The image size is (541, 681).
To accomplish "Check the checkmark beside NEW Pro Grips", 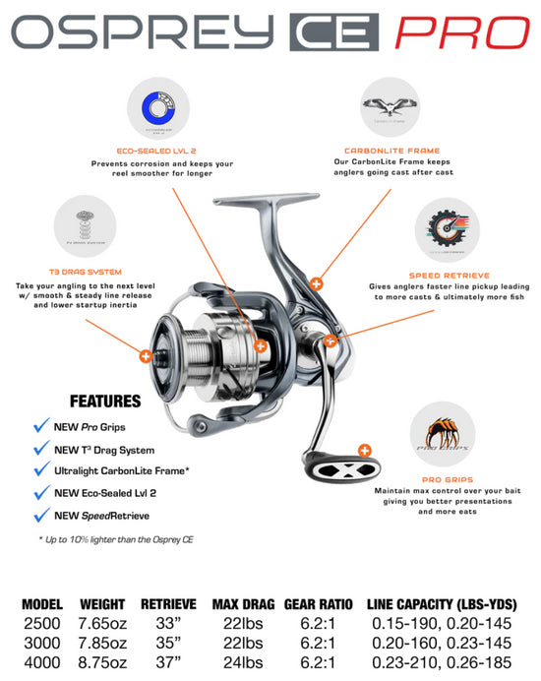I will pyautogui.click(x=42, y=425).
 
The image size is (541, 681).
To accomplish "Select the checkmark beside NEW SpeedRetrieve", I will pyautogui.click(x=42, y=514).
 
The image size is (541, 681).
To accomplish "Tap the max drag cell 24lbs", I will pyautogui.click(x=243, y=657).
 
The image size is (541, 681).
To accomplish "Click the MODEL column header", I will pyautogui.click(x=42, y=604).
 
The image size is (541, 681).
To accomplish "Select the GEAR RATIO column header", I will pyautogui.click(x=315, y=604).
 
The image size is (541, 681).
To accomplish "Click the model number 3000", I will pyautogui.click(x=42, y=640).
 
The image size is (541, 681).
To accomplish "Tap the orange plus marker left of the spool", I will pyautogui.click(x=146, y=356).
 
